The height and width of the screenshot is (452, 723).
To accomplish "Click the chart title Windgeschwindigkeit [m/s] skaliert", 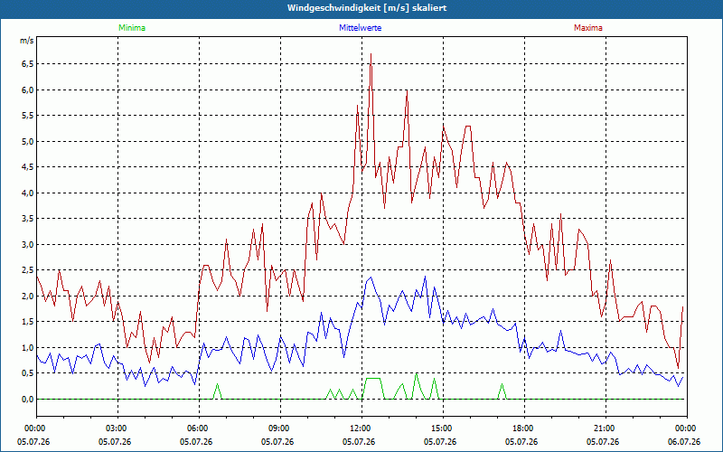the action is (367, 8).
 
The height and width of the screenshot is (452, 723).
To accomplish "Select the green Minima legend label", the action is (132, 28).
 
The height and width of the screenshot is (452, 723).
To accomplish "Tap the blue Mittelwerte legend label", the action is (360, 28).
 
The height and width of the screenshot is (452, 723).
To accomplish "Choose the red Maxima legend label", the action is (588, 28).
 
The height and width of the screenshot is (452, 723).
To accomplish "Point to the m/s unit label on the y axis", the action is (27, 41).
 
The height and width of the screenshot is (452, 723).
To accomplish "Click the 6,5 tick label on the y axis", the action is (28, 63).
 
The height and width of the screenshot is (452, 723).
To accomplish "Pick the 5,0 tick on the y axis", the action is (28, 141).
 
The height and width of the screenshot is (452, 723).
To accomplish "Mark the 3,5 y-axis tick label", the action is (28, 219).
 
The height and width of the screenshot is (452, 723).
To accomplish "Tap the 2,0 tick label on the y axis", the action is (28, 297).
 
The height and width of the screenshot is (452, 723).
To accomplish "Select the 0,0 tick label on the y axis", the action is (28, 400).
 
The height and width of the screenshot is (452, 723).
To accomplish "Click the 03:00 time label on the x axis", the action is (118, 428).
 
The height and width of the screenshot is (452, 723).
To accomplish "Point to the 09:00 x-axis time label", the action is (280, 428).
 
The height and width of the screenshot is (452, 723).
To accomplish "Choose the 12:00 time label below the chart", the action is (362, 428).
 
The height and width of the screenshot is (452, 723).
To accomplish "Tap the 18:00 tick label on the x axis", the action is (524, 428).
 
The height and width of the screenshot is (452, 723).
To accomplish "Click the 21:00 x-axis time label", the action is (606, 428).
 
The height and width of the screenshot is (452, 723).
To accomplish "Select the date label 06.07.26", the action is (684, 442).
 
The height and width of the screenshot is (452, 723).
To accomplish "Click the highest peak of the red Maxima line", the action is (371, 54).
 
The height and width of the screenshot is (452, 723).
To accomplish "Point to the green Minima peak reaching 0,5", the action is (416, 373).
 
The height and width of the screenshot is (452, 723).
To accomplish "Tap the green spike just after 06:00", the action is (217, 383).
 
